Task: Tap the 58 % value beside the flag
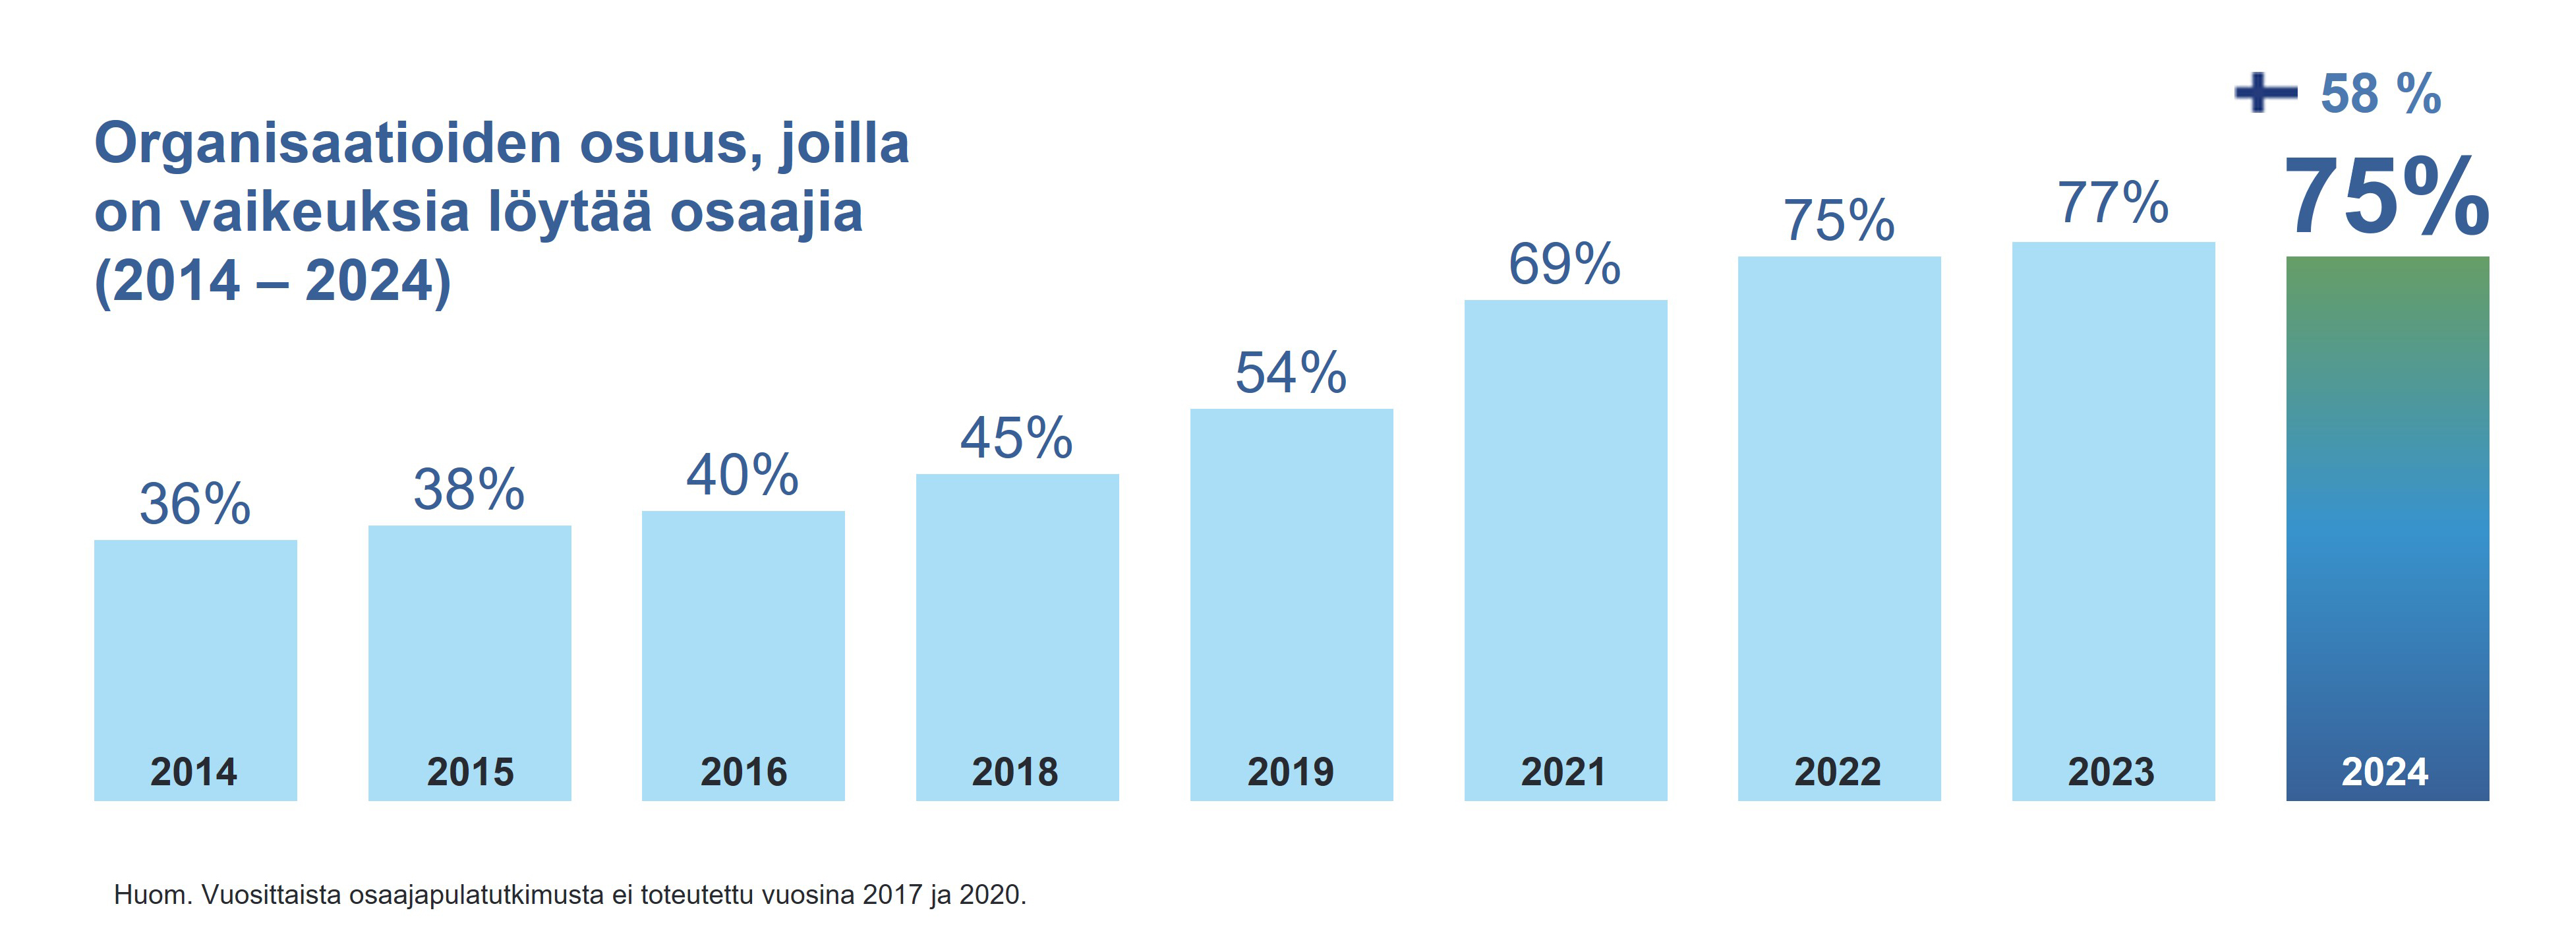pyautogui.click(x=2380, y=94)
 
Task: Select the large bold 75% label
pyautogui.click(x=2386, y=198)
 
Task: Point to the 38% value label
pyautogui.click(x=469, y=490)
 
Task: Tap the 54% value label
pyautogui.click(x=1291, y=373)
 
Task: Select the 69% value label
pyautogui.click(x=1565, y=265)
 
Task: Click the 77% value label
pyautogui.click(x=2112, y=204)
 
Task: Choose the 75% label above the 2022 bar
pyautogui.click(x=1838, y=221)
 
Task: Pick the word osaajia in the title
pyautogui.click(x=765, y=213)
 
